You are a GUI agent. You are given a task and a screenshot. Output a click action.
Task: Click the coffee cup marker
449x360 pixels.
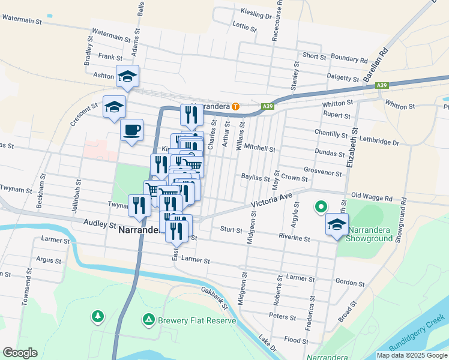[x=131, y=130]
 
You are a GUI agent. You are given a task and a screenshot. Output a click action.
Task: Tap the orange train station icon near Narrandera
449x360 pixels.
[x=236, y=107]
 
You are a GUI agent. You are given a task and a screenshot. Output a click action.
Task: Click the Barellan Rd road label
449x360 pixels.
[x=376, y=63]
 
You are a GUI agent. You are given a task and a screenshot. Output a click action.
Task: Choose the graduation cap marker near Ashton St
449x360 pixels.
[x=127, y=76]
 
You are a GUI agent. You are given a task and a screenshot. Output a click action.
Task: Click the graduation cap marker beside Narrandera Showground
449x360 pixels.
[x=337, y=226]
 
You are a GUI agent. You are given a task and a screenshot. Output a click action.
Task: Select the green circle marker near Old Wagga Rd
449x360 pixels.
[x=321, y=208]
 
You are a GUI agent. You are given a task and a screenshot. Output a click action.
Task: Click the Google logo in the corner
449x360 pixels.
[x=20, y=353]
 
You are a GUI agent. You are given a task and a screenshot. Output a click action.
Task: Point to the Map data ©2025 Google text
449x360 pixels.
[x=412, y=355]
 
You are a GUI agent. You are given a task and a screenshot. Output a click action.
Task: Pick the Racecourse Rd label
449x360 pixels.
[x=276, y=21]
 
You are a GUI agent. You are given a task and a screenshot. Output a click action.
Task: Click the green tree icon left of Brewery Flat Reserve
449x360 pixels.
[x=97, y=316]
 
